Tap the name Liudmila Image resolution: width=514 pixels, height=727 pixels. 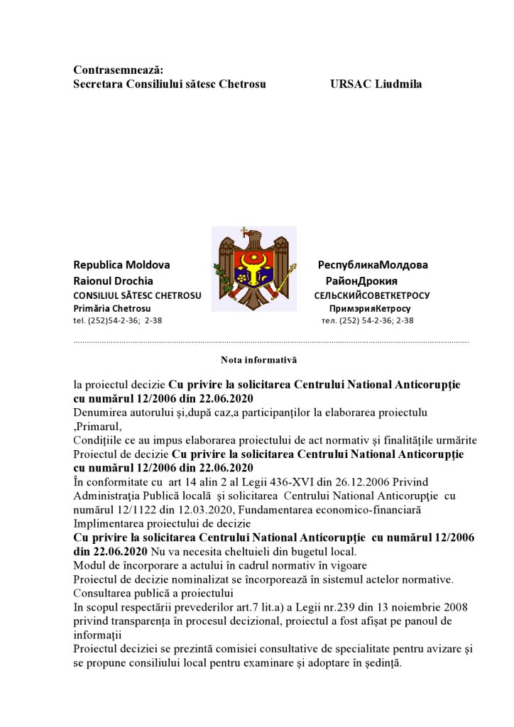point(400,84)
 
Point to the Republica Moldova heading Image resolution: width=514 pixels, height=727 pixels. point(122,265)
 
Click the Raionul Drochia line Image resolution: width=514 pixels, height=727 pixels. point(114,280)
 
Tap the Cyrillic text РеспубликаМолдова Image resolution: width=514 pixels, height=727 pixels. point(373,265)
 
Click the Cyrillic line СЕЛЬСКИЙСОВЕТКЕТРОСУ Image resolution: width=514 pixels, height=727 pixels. point(372,295)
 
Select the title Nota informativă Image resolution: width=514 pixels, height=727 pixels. point(258,360)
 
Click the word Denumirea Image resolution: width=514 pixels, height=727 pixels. point(99,412)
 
